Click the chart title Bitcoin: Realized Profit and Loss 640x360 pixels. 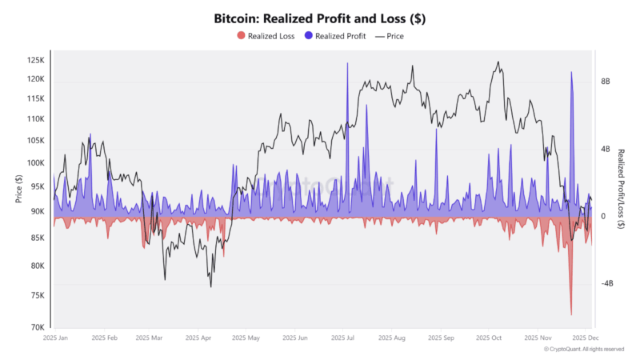[319, 17]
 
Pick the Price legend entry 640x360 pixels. [395, 35]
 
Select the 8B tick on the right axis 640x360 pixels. [606, 82]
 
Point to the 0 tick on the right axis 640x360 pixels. [602, 216]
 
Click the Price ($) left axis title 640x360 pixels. [18, 190]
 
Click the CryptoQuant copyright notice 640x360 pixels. [583, 349]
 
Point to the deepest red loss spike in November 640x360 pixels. [571, 314]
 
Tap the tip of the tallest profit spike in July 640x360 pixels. [347, 63]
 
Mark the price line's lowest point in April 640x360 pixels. [211, 286]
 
